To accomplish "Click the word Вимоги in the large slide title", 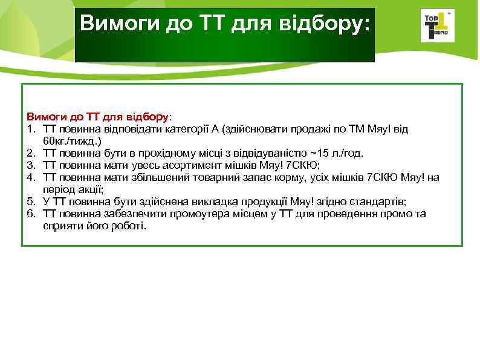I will pyautogui.click(x=114, y=24).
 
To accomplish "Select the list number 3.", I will pyautogui.click(x=30, y=165).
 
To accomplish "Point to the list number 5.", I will pyautogui.click(x=30, y=201).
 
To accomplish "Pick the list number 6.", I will pyautogui.click(x=30, y=214).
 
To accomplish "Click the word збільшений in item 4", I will pyautogui.click(x=154, y=177).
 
